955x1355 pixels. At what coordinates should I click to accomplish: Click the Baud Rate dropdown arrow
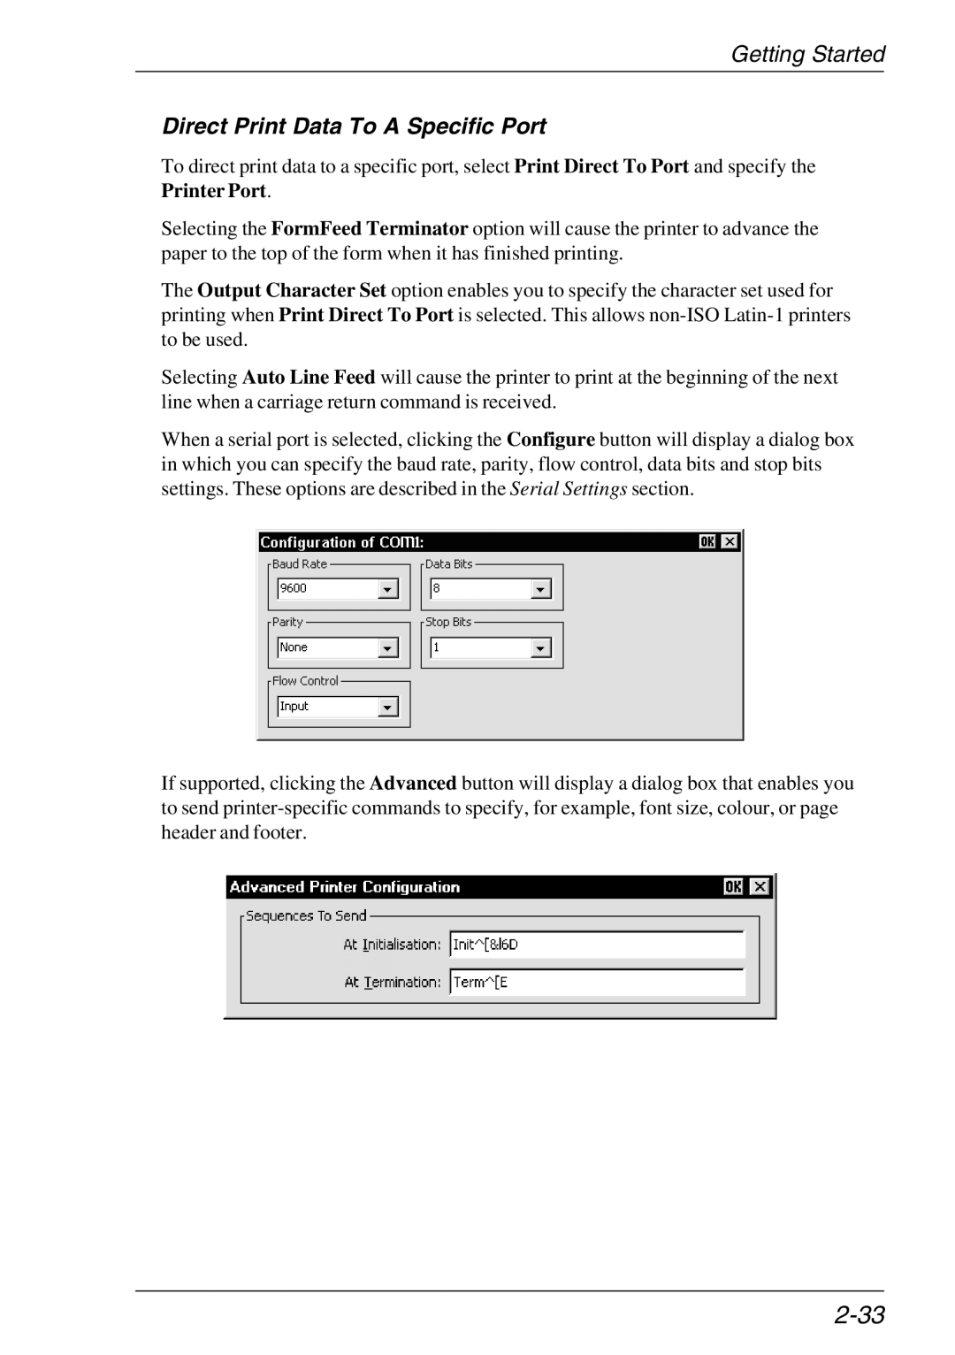point(388,589)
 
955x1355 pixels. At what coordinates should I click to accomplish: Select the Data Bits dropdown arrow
point(541,589)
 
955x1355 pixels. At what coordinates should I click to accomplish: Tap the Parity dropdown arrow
point(388,648)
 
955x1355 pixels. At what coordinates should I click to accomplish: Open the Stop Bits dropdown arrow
point(541,648)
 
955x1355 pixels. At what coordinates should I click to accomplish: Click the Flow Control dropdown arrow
point(388,707)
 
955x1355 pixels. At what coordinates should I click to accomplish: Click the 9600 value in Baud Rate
point(294,588)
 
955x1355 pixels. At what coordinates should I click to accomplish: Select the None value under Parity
point(294,647)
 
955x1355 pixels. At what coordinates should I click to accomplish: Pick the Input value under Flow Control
point(294,706)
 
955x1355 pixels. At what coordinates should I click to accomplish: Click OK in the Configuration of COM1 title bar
point(707,541)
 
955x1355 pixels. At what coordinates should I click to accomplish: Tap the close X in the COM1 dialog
point(730,541)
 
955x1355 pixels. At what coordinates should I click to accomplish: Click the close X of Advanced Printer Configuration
point(760,886)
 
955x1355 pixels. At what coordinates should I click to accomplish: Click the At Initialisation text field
point(597,945)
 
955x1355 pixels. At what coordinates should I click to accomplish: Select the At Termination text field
point(597,982)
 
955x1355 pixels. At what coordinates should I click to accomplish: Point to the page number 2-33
point(859,1315)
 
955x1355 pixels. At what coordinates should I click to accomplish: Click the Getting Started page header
point(807,55)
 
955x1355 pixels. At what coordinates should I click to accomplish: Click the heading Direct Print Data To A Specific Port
point(355,126)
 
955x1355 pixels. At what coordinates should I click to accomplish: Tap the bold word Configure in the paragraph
point(550,440)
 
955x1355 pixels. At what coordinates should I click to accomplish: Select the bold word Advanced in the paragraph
point(413,784)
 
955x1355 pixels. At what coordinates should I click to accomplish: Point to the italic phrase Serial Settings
point(569,489)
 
